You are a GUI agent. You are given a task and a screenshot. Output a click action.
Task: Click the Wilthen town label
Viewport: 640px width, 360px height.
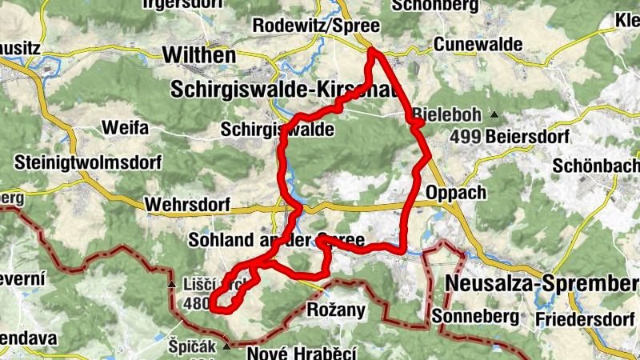[x=199, y=55]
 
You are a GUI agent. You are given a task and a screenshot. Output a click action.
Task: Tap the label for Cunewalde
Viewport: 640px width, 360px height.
[x=471, y=44]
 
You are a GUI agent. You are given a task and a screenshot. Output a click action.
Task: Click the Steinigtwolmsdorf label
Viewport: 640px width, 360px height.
[x=88, y=163]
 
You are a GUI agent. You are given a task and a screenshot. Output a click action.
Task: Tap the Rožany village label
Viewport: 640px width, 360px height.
[x=336, y=310]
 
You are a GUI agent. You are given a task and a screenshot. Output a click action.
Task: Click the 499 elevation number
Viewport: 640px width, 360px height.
[x=465, y=137]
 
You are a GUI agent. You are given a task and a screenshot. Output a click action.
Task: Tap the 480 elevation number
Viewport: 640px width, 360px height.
[x=197, y=304]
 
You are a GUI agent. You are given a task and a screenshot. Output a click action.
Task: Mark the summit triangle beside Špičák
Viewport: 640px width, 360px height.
[x=227, y=346]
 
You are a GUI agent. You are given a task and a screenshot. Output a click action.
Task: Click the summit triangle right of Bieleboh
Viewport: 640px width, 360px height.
[x=494, y=114]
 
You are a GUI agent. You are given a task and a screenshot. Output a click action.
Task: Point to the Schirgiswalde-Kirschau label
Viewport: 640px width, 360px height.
[x=284, y=90]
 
